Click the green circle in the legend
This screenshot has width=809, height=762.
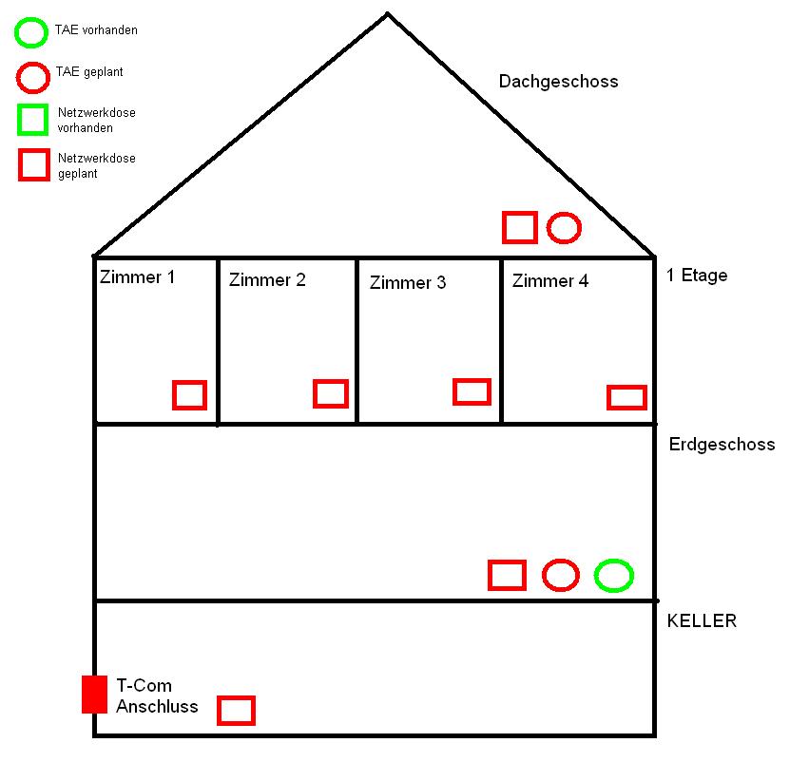pos(30,32)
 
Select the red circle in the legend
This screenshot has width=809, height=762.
pos(31,75)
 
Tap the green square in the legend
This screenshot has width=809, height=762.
pos(33,120)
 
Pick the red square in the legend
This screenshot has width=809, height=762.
pos(34,164)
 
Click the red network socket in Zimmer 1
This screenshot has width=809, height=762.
pos(189,394)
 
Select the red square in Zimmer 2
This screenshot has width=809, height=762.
pos(331,393)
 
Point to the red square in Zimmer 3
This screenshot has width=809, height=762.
pos(472,391)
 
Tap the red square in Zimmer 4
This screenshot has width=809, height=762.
pos(626,397)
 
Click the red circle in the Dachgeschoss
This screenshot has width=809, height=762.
pos(564,228)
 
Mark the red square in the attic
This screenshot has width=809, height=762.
pos(520,227)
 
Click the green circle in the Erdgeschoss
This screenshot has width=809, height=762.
pos(614,575)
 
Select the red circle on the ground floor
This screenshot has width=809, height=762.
pos(561,575)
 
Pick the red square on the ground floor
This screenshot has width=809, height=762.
pos(507,575)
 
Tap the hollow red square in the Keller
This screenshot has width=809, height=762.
pos(237,710)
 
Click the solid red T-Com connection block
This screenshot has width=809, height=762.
pos(94,694)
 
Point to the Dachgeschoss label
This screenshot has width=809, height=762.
pos(558,82)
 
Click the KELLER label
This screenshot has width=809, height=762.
pos(702,621)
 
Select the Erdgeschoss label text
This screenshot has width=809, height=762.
pos(722,445)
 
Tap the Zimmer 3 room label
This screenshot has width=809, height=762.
pos(407,283)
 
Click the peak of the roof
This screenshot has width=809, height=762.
pos(387,13)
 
